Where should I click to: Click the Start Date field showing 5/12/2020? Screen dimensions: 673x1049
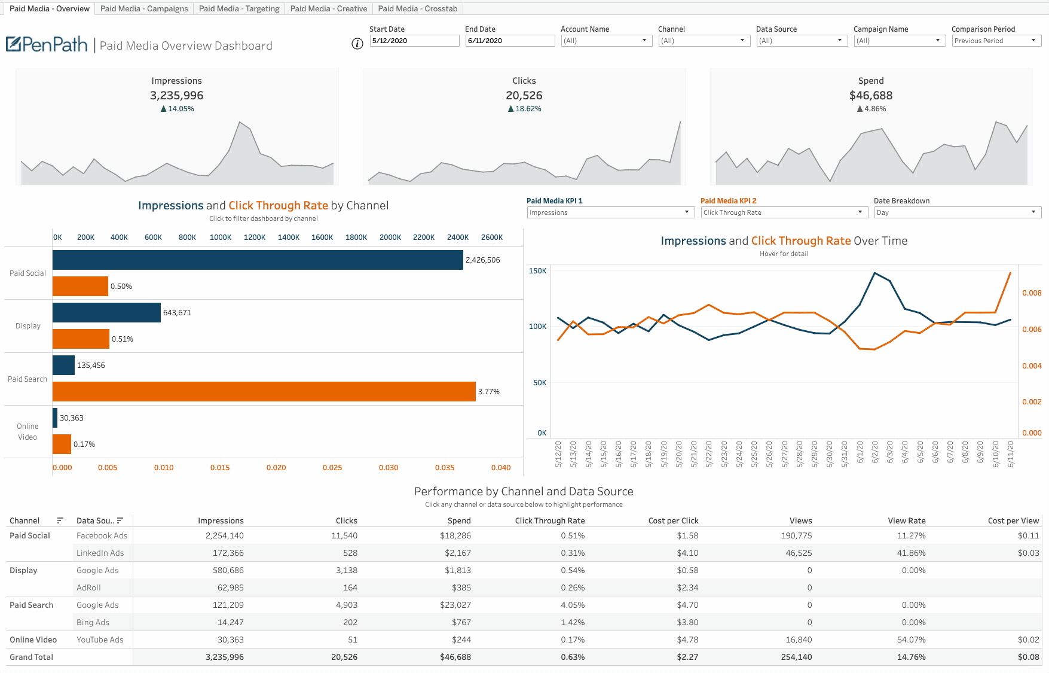tap(414, 41)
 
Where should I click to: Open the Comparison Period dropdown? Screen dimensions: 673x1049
tap(996, 41)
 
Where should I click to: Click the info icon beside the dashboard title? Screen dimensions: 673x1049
tap(357, 44)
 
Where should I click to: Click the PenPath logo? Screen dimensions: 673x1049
tap(47, 44)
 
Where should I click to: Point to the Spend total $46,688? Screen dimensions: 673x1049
tap(870, 96)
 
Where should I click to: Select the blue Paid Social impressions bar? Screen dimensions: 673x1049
tap(257, 260)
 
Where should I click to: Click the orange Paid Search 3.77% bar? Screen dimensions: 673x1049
tap(263, 392)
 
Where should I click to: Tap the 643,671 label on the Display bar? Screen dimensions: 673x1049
tap(177, 313)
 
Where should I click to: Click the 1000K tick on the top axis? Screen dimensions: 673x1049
tap(221, 237)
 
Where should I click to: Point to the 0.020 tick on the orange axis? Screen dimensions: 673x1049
tap(276, 468)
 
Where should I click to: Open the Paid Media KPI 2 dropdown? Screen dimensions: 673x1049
tap(784, 212)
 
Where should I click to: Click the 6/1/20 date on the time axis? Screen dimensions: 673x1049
tap(860, 453)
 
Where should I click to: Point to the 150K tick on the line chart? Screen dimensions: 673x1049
tap(537, 271)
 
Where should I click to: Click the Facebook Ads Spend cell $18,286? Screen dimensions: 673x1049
tap(455, 536)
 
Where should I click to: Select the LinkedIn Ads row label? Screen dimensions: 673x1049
tap(100, 553)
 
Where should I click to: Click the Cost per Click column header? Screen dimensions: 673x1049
tap(673, 521)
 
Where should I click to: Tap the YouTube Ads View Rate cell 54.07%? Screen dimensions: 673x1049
tap(911, 640)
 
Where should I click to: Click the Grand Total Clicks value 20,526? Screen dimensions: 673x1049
tap(344, 657)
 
